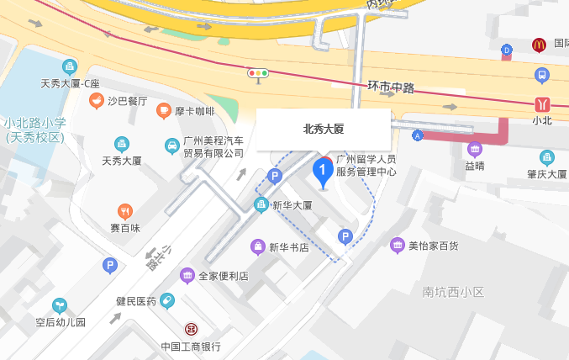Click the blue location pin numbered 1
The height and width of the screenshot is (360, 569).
tap(322, 171)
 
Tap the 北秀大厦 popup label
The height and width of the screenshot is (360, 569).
tap(324, 130)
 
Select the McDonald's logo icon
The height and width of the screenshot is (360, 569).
tap(539, 45)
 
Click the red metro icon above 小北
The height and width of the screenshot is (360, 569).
tap(542, 103)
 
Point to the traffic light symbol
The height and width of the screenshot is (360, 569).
tap(258, 74)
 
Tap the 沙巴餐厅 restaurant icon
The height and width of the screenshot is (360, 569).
tap(97, 102)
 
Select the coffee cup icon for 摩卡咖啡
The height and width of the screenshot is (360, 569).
tap(163, 111)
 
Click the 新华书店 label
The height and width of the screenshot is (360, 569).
tap(288, 247)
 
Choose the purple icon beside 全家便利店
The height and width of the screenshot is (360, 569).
tap(187, 276)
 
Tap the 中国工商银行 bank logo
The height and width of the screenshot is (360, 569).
tap(191, 329)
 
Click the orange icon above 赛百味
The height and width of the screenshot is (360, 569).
tap(124, 211)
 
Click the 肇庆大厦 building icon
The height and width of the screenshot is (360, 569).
tap(547, 157)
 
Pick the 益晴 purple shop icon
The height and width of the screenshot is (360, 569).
tap(475, 150)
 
